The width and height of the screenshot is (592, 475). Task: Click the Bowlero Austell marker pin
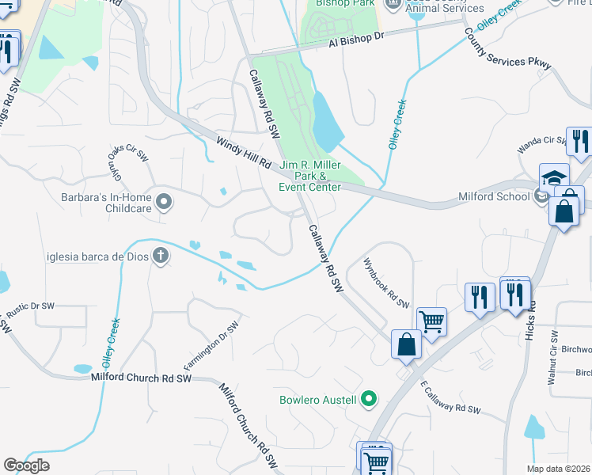click(368, 399)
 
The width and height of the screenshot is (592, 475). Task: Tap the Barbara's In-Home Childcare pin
click(164, 203)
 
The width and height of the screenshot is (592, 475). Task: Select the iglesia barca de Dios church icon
click(161, 256)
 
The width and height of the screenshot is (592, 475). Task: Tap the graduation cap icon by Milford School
click(555, 178)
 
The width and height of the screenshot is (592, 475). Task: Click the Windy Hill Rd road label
click(243, 151)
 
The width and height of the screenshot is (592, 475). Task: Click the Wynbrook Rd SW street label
click(386, 283)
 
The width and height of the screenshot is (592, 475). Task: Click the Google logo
click(26, 465)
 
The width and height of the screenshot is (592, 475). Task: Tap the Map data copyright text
click(559, 469)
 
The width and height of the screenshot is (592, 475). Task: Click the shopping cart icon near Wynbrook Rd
click(432, 321)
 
